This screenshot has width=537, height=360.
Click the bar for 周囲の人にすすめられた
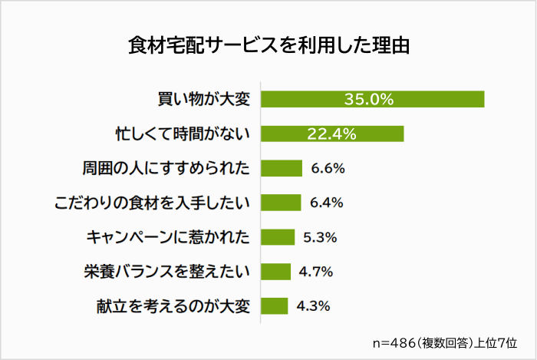pyautogui.click(x=281, y=168)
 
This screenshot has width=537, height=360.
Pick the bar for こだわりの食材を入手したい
pyautogui.click(x=281, y=203)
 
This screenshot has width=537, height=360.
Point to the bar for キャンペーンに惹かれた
pyautogui.click(x=278, y=237)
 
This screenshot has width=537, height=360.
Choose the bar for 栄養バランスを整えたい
pyautogui.click(x=276, y=272)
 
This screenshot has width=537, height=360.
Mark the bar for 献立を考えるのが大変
pyautogui.click(x=275, y=306)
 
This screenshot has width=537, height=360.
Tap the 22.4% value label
pyautogui.click(x=331, y=134)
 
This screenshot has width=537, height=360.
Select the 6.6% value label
pyautogui.click(x=327, y=168)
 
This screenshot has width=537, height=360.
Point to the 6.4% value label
pyautogui.click(x=326, y=203)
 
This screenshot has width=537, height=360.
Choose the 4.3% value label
pyautogui.click(x=313, y=306)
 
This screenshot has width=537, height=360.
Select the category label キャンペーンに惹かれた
pyautogui.click(x=168, y=237)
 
